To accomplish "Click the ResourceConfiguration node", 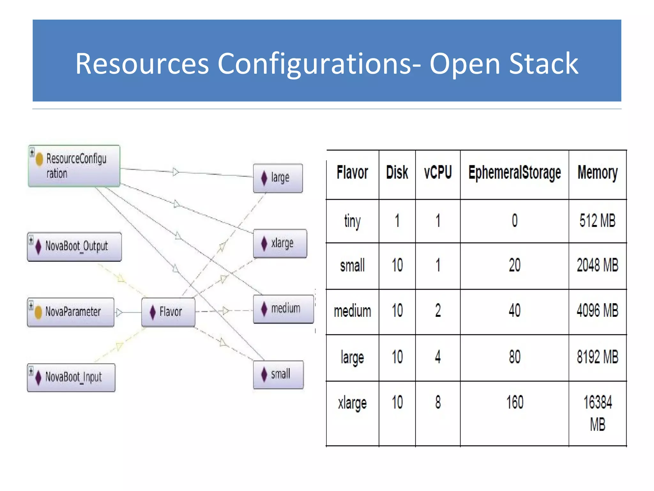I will click(x=74, y=166).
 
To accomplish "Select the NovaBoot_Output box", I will click(x=74, y=246).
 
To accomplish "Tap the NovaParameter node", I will click(x=71, y=312).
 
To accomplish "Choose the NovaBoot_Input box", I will click(x=71, y=377).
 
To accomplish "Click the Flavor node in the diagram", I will click(x=168, y=312).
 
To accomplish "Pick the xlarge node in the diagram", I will click(x=280, y=243).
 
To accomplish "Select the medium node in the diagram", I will click(x=283, y=309).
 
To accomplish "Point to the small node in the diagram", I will click(x=278, y=374).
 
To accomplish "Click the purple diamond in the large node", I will click(x=264, y=178).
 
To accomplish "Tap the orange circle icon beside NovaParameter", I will click(x=38, y=312).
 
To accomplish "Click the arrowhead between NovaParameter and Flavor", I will click(x=119, y=312).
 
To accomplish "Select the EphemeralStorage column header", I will click(x=514, y=173).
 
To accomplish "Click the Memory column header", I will click(x=597, y=173).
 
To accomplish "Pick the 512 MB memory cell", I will click(x=597, y=221).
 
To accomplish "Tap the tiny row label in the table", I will click(x=352, y=221).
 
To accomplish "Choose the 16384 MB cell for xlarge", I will click(x=597, y=413).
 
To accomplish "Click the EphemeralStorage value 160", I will click(x=514, y=402).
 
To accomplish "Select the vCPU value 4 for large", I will click(x=438, y=357).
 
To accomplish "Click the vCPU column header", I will click(x=438, y=173).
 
